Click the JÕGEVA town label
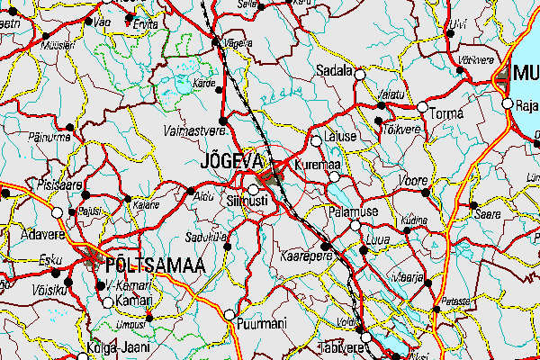coord(231,162)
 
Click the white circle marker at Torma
coord(421,107)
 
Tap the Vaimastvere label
coord(193,131)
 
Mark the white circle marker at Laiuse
coord(316,140)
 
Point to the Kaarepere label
coord(308,256)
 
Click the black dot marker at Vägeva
coord(215,40)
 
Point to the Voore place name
coord(412,180)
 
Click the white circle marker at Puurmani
coord(229,315)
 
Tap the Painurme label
coord(50,138)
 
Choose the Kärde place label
coord(205,83)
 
